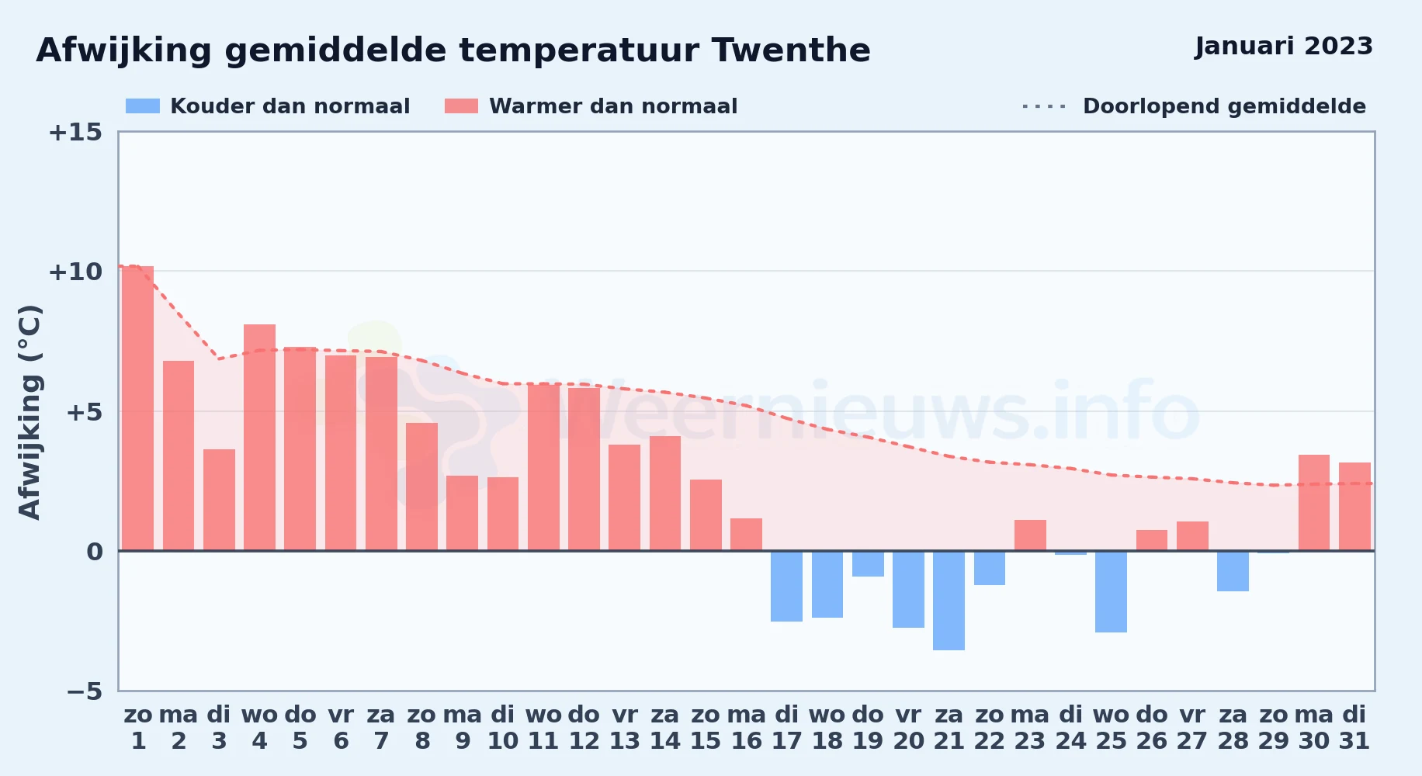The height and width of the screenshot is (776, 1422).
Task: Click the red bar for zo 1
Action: pyautogui.click(x=138, y=408)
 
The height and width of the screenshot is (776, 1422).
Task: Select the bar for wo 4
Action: pyautogui.click(x=259, y=438)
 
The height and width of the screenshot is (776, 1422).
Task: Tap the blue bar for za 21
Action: pyautogui.click(x=949, y=601)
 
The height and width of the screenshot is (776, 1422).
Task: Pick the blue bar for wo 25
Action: pyautogui.click(x=1111, y=592)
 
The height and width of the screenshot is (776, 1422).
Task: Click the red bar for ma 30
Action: pyautogui.click(x=1314, y=503)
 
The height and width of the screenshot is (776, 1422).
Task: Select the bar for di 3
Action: pyautogui.click(x=219, y=500)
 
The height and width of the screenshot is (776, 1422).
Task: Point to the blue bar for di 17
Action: pyautogui.click(x=786, y=587)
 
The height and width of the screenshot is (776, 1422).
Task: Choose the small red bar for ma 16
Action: pyautogui.click(x=746, y=535)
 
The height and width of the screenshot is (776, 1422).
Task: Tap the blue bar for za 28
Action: pyautogui.click(x=1233, y=571)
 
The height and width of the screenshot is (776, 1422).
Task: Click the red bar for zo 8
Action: pyautogui.click(x=421, y=487)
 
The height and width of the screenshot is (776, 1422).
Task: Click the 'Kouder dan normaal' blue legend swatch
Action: pyautogui.click(x=143, y=106)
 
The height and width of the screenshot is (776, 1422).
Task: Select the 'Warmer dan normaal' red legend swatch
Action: pyautogui.click(x=462, y=106)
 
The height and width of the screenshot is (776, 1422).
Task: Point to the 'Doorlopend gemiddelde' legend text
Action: pyautogui.click(x=1224, y=106)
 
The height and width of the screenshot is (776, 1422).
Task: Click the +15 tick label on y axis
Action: pyautogui.click(x=75, y=133)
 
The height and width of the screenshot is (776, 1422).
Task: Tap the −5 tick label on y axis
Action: pyautogui.click(x=84, y=691)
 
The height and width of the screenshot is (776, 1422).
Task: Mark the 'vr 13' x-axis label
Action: pyautogui.click(x=625, y=728)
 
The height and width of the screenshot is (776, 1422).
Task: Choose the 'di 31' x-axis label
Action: pyautogui.click(x=1354, y=728)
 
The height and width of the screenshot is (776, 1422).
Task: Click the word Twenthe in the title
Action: pyautogui.click(x=791, y=50)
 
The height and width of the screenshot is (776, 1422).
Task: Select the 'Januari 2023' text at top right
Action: pyautogui.click(x=1284, y=47)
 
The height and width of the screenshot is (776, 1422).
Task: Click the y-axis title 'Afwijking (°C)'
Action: pyautogui.click(x=29, y=412)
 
